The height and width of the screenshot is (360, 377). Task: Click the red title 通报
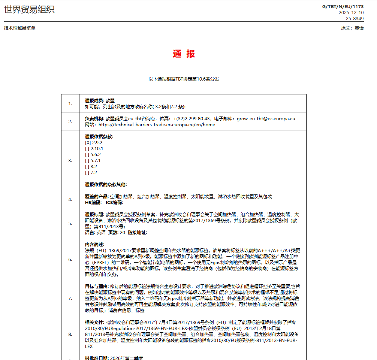184,54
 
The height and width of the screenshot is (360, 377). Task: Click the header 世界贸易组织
29,10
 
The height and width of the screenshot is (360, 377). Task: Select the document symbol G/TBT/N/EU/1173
343,6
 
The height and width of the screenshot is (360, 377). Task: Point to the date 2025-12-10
351,12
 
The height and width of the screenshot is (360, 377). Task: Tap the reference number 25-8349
355,18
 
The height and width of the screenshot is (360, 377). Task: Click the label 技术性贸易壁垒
20,28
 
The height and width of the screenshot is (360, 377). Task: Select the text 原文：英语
352,28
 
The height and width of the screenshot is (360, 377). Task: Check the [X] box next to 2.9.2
88,143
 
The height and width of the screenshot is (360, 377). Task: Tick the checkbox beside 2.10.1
88,149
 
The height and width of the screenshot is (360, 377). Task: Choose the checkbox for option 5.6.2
88,155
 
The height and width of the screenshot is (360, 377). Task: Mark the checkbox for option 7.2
88,173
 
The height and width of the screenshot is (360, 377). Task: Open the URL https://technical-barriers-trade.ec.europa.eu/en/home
157,125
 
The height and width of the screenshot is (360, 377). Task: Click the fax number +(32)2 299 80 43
191,119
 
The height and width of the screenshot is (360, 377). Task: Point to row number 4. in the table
70,200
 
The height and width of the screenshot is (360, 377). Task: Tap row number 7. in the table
70,299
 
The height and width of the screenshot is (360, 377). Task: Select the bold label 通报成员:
94,101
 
